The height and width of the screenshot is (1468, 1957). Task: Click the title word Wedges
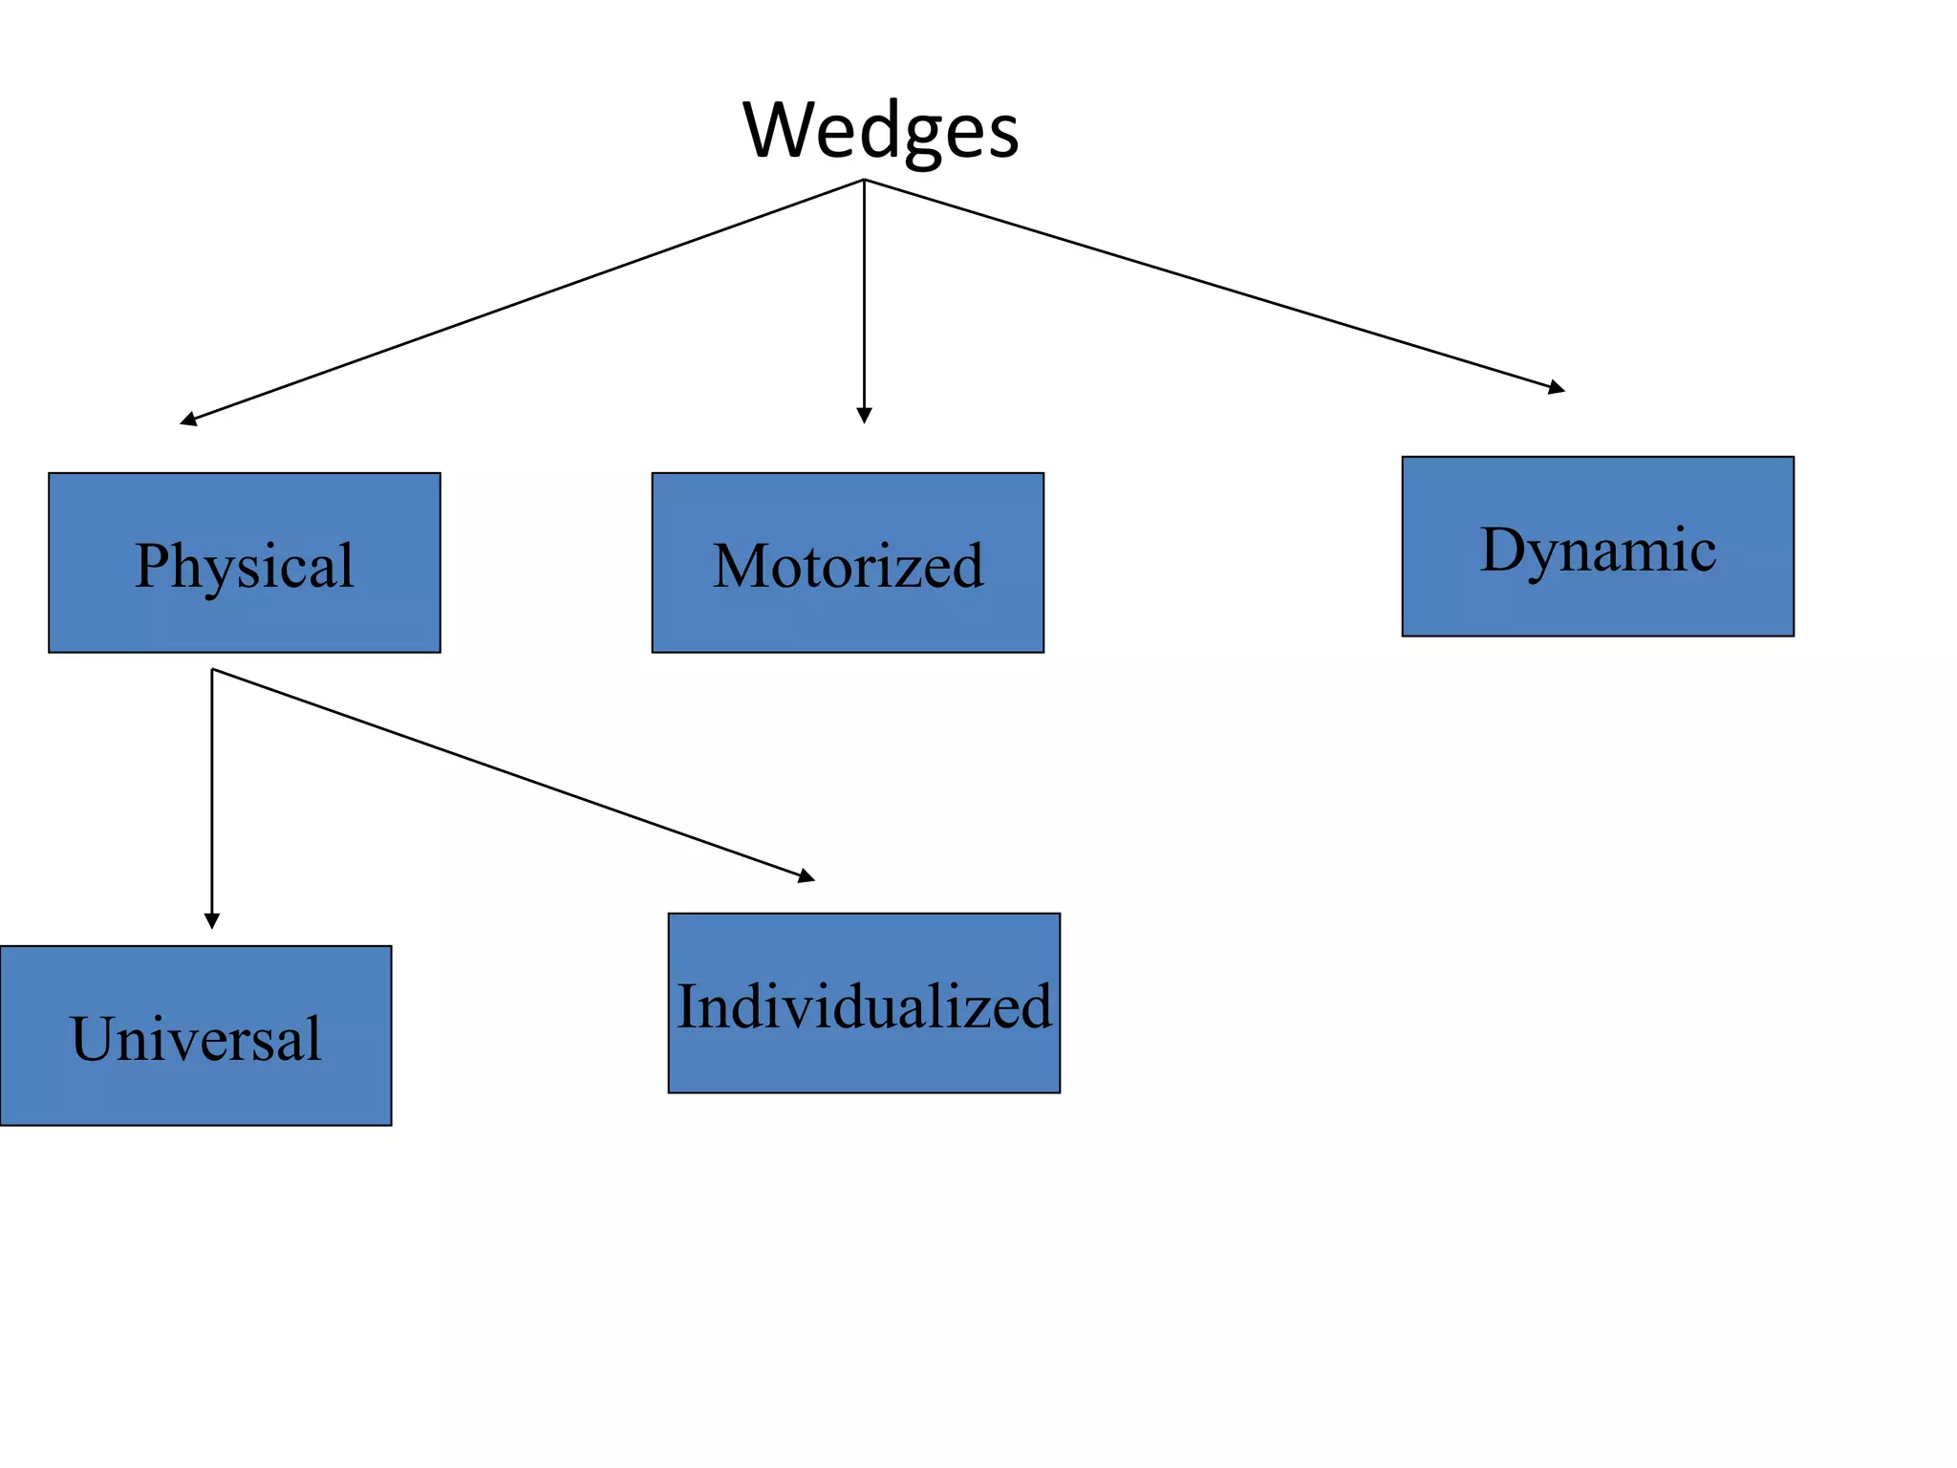pos(880,131)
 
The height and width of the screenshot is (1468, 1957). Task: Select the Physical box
pos(245,563)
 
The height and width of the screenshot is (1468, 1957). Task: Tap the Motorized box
pos(848,563)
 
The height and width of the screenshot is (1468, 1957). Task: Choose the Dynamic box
pos(1598,547)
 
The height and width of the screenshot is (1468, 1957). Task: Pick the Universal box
pos(196,1035)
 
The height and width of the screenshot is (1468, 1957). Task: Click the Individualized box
pos(864,1003)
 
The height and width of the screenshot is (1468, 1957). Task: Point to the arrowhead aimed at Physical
pos(188,420)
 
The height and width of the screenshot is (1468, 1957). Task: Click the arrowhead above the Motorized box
pos(864,416)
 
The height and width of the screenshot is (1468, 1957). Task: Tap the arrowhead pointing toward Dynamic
pos(1557,388)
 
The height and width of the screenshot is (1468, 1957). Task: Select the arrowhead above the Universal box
pos(212,921)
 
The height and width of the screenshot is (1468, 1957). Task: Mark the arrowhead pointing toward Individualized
pos(807,876)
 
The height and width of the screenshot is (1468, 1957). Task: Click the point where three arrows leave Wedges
pos(864,180)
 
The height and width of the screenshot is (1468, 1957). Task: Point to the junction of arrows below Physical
pos(212,669)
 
